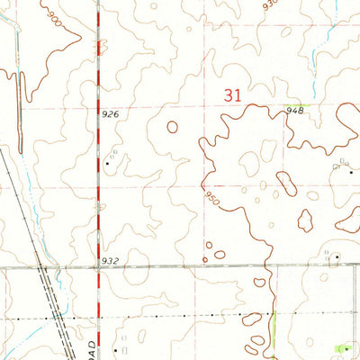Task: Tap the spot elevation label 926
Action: (111, 114)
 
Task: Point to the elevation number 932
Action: (111, 261)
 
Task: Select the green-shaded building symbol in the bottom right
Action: (342, 348)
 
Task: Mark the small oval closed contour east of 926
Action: (171, 127)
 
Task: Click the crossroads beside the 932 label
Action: (98, 268)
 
